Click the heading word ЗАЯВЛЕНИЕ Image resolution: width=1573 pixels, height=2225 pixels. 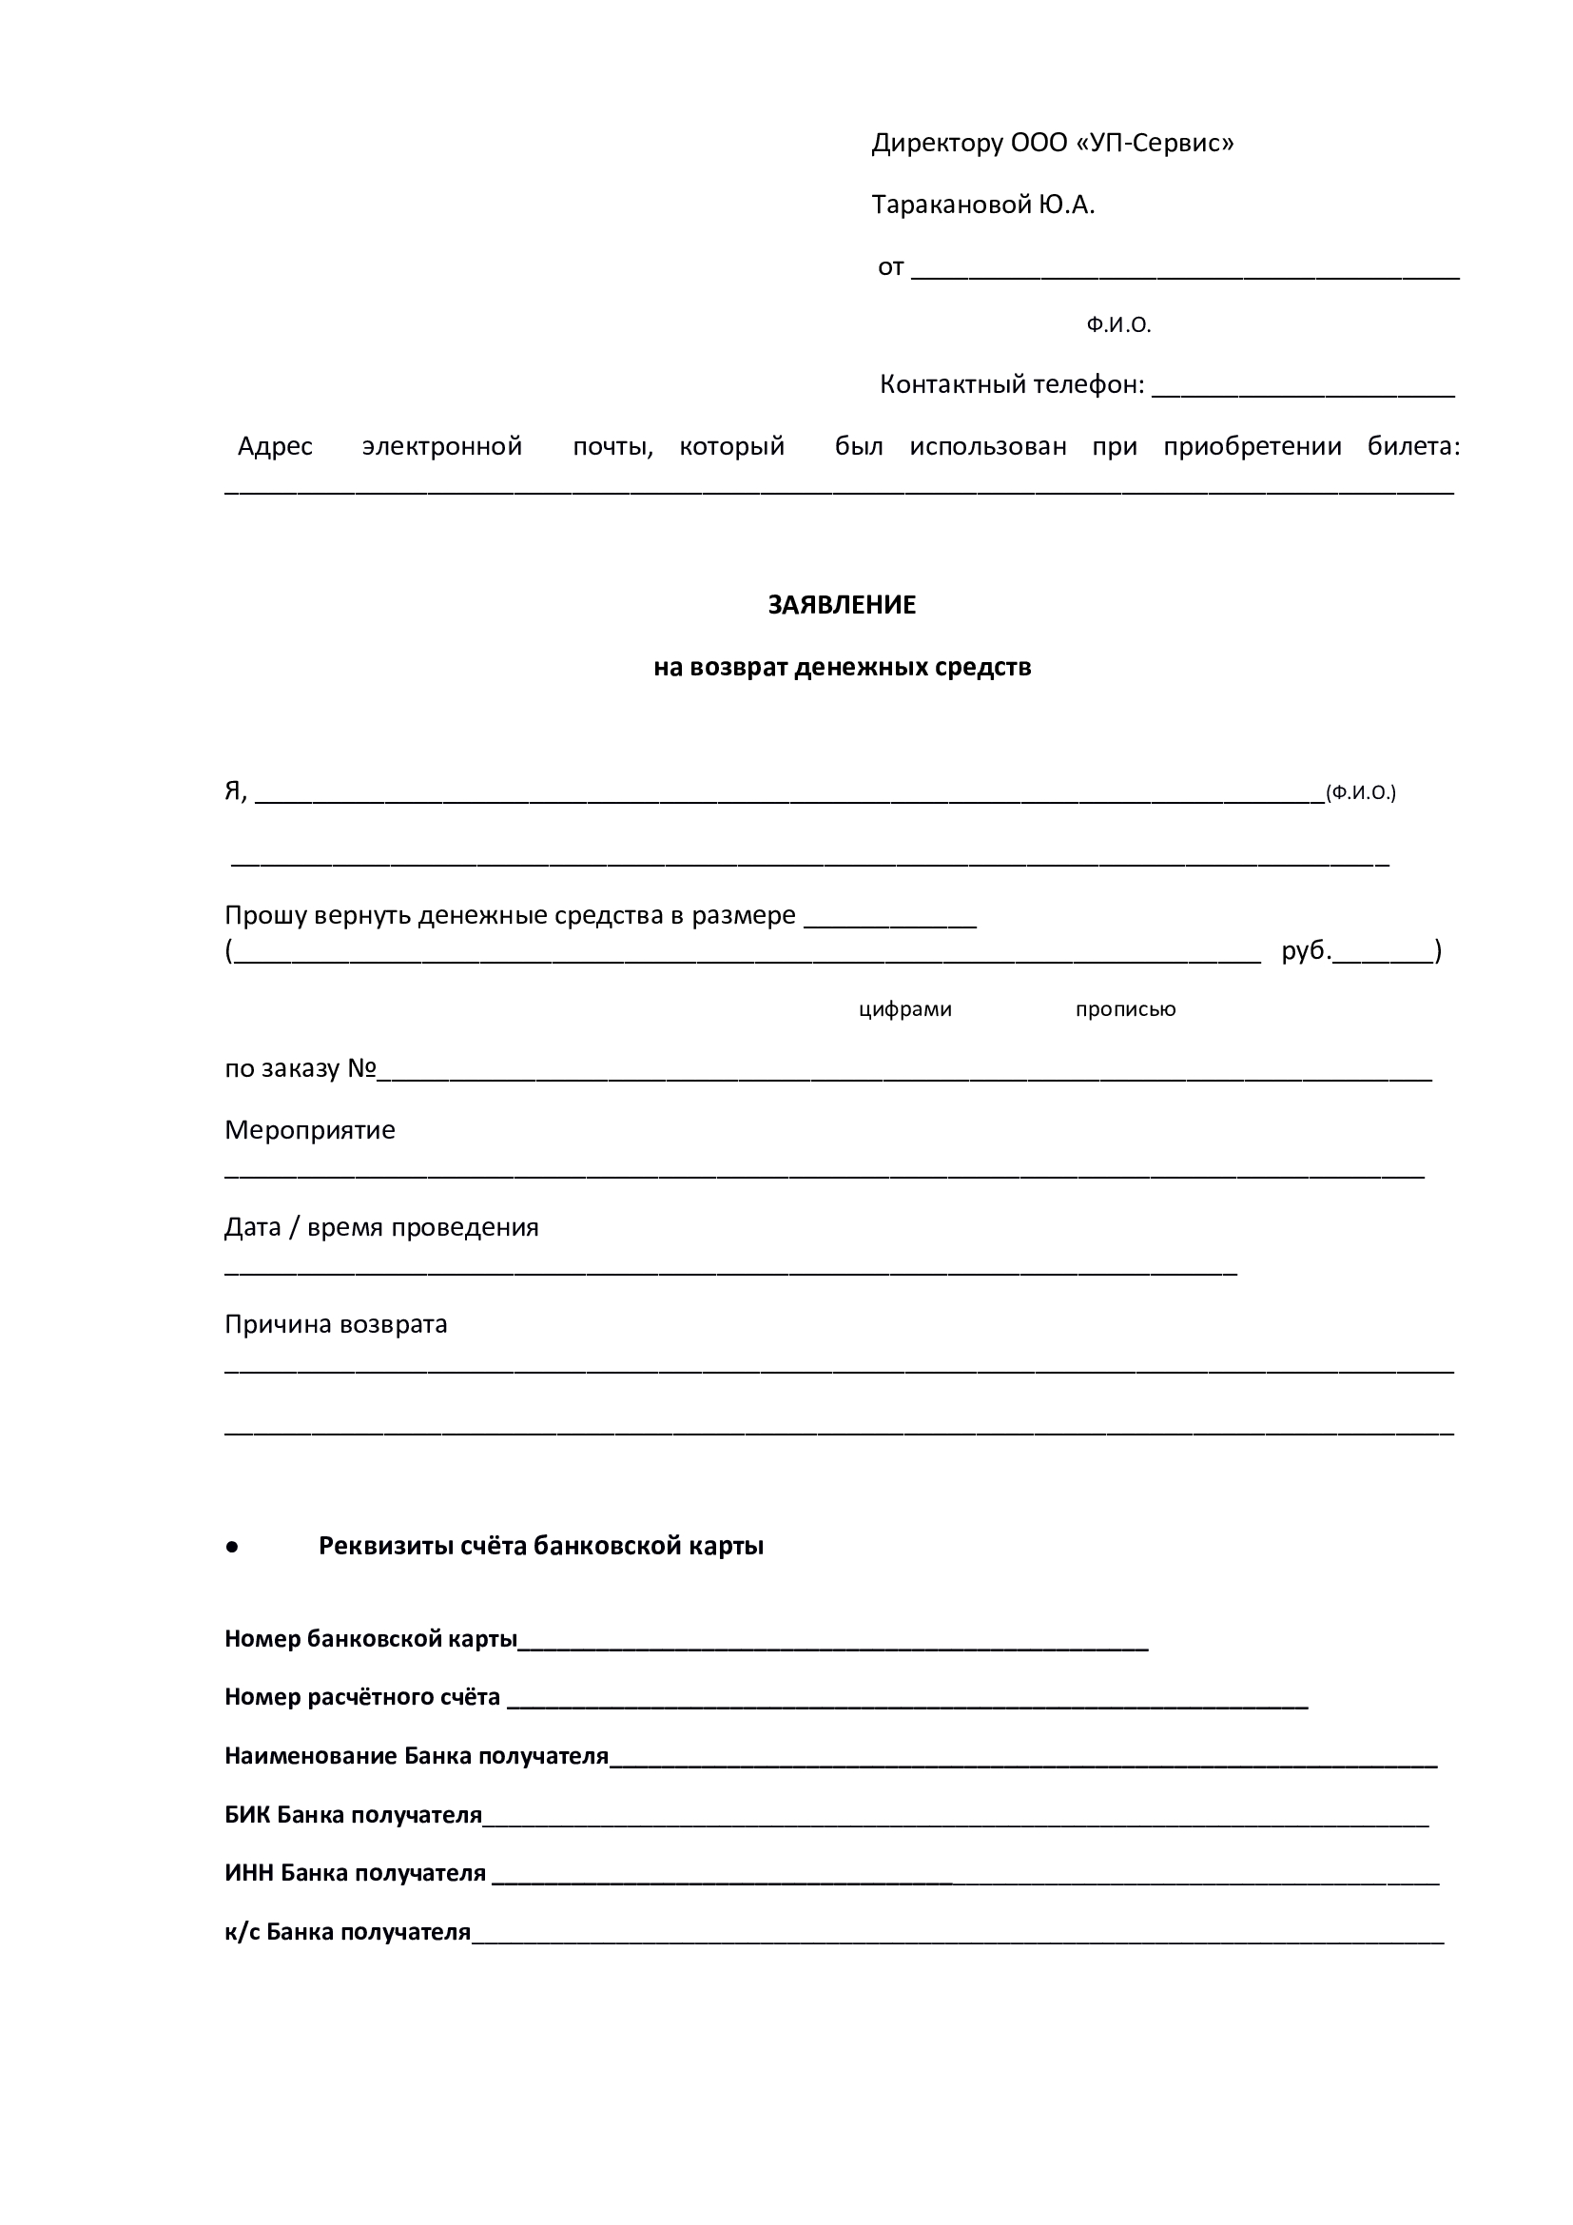click(841, 605)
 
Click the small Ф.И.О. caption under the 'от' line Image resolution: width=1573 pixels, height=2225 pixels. click(1117, 325)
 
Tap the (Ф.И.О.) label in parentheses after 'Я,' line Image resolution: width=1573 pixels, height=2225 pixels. click(1360, 792)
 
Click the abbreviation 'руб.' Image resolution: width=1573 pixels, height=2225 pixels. click(1306, 950)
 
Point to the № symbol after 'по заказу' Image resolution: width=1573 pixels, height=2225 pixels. click(361, 1068)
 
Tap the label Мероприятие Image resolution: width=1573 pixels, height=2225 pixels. click(310, 1130)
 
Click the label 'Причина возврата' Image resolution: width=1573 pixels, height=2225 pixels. click(336, 1324)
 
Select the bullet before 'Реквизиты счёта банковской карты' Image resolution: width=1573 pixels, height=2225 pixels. click(231, 1548)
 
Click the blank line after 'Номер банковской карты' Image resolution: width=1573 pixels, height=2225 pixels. click(833, 1641)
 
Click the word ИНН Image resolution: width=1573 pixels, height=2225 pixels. click(249, 1873)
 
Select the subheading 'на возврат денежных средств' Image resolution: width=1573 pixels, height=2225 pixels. click(842, 667)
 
